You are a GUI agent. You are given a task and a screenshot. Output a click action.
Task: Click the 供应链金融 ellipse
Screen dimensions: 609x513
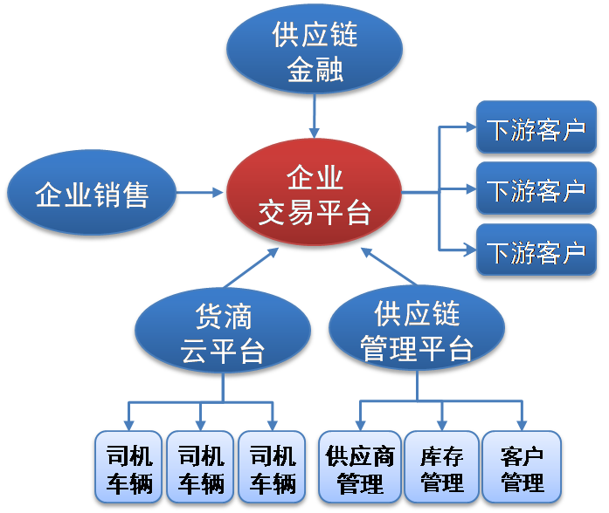[315, 49]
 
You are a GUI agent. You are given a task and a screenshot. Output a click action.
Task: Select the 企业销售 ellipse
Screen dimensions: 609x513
[92, 193]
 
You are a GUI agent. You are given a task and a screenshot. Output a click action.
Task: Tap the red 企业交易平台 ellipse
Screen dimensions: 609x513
[314, 192]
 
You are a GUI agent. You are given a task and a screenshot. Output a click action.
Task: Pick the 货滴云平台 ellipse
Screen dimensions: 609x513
[223, 331]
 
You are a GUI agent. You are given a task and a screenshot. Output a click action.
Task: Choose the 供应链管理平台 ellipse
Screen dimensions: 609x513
[417, 328]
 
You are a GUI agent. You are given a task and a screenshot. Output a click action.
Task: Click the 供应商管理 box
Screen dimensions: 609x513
[360, 467]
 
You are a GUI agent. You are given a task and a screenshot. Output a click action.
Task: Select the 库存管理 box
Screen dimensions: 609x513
[441, 467]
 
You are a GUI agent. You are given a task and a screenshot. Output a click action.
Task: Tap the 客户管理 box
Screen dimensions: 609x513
[522, 467]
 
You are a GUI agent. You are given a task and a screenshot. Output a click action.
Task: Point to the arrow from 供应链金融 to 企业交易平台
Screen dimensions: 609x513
[315, 116]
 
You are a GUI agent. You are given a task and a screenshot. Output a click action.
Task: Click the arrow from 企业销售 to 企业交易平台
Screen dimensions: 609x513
[199, 192]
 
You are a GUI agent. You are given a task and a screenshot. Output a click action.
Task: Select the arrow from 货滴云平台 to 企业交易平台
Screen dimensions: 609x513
[252, 268]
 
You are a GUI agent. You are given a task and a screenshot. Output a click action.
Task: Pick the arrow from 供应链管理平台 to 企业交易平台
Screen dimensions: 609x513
[389, 266]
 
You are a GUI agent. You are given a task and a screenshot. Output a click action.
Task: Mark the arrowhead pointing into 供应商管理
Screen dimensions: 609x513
[360, 426]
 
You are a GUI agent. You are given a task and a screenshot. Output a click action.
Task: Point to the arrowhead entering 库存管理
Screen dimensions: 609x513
[441, 426]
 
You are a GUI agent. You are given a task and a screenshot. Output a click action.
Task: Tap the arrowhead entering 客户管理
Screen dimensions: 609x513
[522, 426]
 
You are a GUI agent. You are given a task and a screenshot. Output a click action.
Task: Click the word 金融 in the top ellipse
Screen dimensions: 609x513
[315, 69]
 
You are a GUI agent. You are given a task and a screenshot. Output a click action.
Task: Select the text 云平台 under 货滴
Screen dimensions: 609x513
[223, 351]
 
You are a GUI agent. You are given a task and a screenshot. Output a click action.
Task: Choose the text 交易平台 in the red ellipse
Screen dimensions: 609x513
[315, 213]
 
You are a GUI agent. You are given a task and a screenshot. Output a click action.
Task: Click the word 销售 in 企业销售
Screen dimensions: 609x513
[121, 195]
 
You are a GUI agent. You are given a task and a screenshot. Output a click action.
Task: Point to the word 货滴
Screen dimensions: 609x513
[224, 317]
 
